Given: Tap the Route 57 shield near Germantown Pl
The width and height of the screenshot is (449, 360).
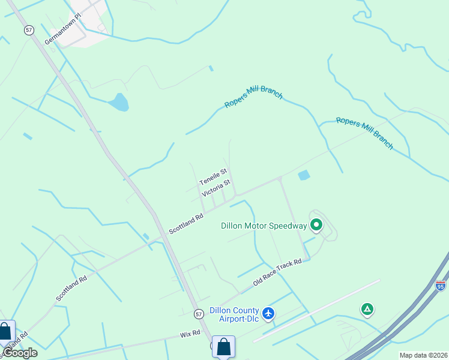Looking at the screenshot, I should (x=29, y=29).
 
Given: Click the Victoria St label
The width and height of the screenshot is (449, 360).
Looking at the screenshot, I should (x=216, y=188).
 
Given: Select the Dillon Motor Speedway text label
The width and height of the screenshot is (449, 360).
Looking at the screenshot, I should (x=264, y=226).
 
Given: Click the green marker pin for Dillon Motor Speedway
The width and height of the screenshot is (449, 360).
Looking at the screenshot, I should (x=316, y=225).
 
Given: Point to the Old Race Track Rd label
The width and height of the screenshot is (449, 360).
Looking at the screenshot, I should (x=277, y=273).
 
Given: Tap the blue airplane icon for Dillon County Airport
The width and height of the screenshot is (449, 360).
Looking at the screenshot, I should (x=268, y=313).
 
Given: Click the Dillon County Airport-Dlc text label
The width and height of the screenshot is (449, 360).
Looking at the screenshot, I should (x=234, y=314).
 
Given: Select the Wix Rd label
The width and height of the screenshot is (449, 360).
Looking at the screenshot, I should (x=189, y=333).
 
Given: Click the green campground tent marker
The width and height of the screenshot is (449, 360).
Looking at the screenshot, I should (x=367, y=310).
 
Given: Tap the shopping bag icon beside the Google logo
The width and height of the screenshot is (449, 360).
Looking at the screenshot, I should (x=6, y=332).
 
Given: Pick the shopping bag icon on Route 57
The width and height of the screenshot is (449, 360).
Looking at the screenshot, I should (x=223, y=346).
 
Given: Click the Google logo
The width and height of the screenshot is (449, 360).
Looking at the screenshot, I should (x=20, y=353).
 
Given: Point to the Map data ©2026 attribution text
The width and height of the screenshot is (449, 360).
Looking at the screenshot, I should (x=423, y=355).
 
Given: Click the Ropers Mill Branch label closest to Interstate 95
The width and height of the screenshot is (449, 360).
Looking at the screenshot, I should (x=364, y=133).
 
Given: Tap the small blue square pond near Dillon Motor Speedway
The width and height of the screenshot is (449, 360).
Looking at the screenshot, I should (x=304, y=175).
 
